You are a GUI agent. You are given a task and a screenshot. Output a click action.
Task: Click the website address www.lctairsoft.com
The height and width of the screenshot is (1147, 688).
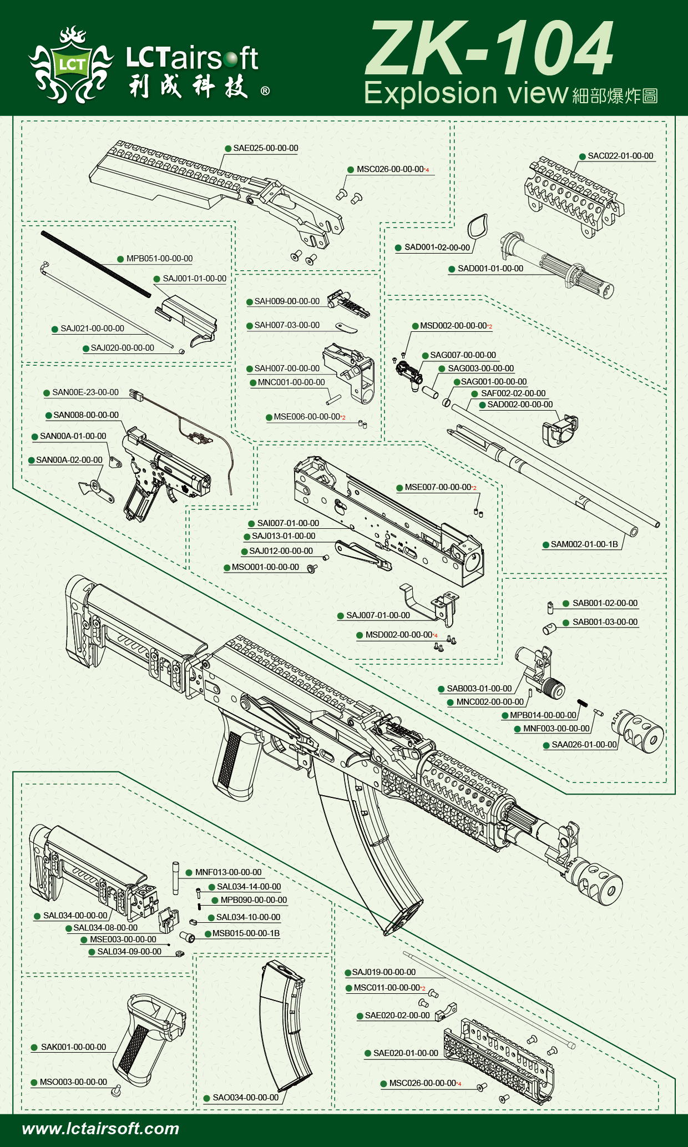[x=100, y=1129]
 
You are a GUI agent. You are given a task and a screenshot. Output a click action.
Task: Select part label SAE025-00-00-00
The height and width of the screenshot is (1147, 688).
[x=265, y=148]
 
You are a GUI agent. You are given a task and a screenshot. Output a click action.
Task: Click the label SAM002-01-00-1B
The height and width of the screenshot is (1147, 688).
[x=584, y=544]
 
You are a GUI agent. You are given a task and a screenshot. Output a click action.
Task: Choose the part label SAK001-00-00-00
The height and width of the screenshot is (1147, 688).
[x=73, y=1047]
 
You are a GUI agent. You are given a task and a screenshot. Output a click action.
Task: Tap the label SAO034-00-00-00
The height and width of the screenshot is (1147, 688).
[x=245, y=1098]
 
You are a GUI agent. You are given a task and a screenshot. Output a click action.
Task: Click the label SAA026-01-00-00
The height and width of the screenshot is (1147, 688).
[x=584, y=745]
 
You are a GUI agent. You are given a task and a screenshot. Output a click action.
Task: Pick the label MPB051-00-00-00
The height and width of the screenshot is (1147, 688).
[x=159, y=259]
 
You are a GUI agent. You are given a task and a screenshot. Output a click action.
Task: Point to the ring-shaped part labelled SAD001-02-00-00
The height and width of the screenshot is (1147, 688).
[x=477, y=226]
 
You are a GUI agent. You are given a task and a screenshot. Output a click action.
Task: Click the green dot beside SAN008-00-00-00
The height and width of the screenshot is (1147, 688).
[x=49, y=416]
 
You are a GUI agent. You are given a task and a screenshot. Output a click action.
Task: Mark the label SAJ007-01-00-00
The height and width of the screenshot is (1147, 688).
[x=378, y=615]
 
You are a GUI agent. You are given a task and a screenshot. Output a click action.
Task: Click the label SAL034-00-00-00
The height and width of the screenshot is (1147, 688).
[x=75, y=916]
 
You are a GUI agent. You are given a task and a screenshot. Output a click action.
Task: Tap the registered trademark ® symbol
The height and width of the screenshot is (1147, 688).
[x=265, y=91]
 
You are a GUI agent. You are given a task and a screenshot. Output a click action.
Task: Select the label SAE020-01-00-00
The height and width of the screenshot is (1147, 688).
[x=406, y=1053]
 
